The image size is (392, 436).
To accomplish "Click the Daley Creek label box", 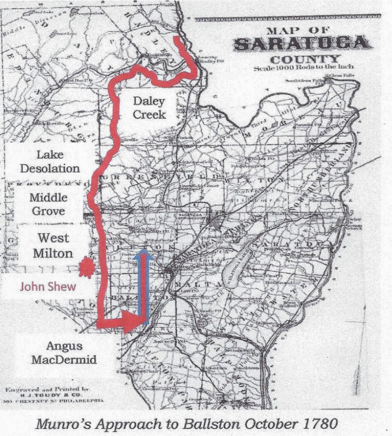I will pyautogui.click(x=149, y=108).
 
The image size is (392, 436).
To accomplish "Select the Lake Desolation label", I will pyautogui.click(x=50, y=161).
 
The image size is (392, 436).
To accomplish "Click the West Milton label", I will pyautogui.click(x=53, y=245).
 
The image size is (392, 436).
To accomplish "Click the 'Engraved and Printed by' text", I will pyautogui.click(x=47, y=389).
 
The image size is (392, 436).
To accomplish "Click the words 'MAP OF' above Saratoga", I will pyautogui.click(x=298, y=31).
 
